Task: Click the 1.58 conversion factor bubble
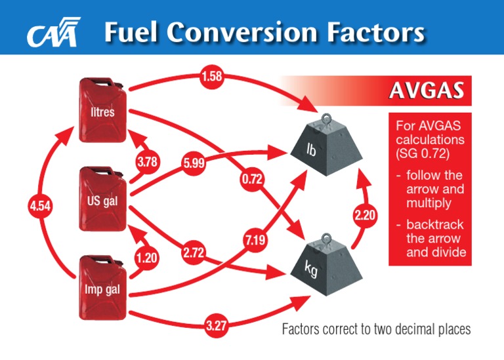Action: (212, 77)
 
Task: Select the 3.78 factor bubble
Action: (148, 161)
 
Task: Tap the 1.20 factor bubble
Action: (146, 258)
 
